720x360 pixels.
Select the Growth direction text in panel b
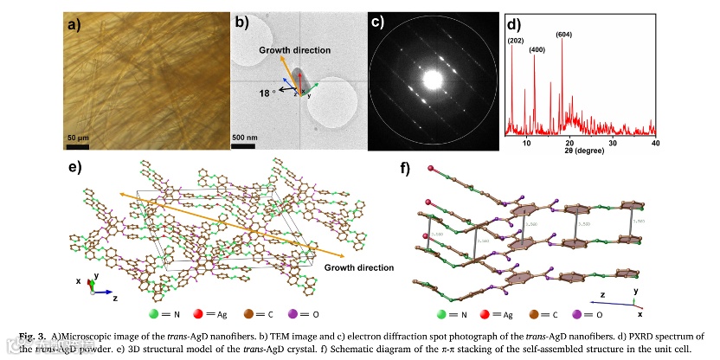[x=290, y=50]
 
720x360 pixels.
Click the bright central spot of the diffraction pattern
[x=429, y=81]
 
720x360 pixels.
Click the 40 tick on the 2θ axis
[x=655, y=143]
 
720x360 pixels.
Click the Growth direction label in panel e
[x=355, y=267]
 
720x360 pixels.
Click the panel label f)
[x=405, y=167]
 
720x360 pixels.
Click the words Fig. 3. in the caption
[x=31, y=334]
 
